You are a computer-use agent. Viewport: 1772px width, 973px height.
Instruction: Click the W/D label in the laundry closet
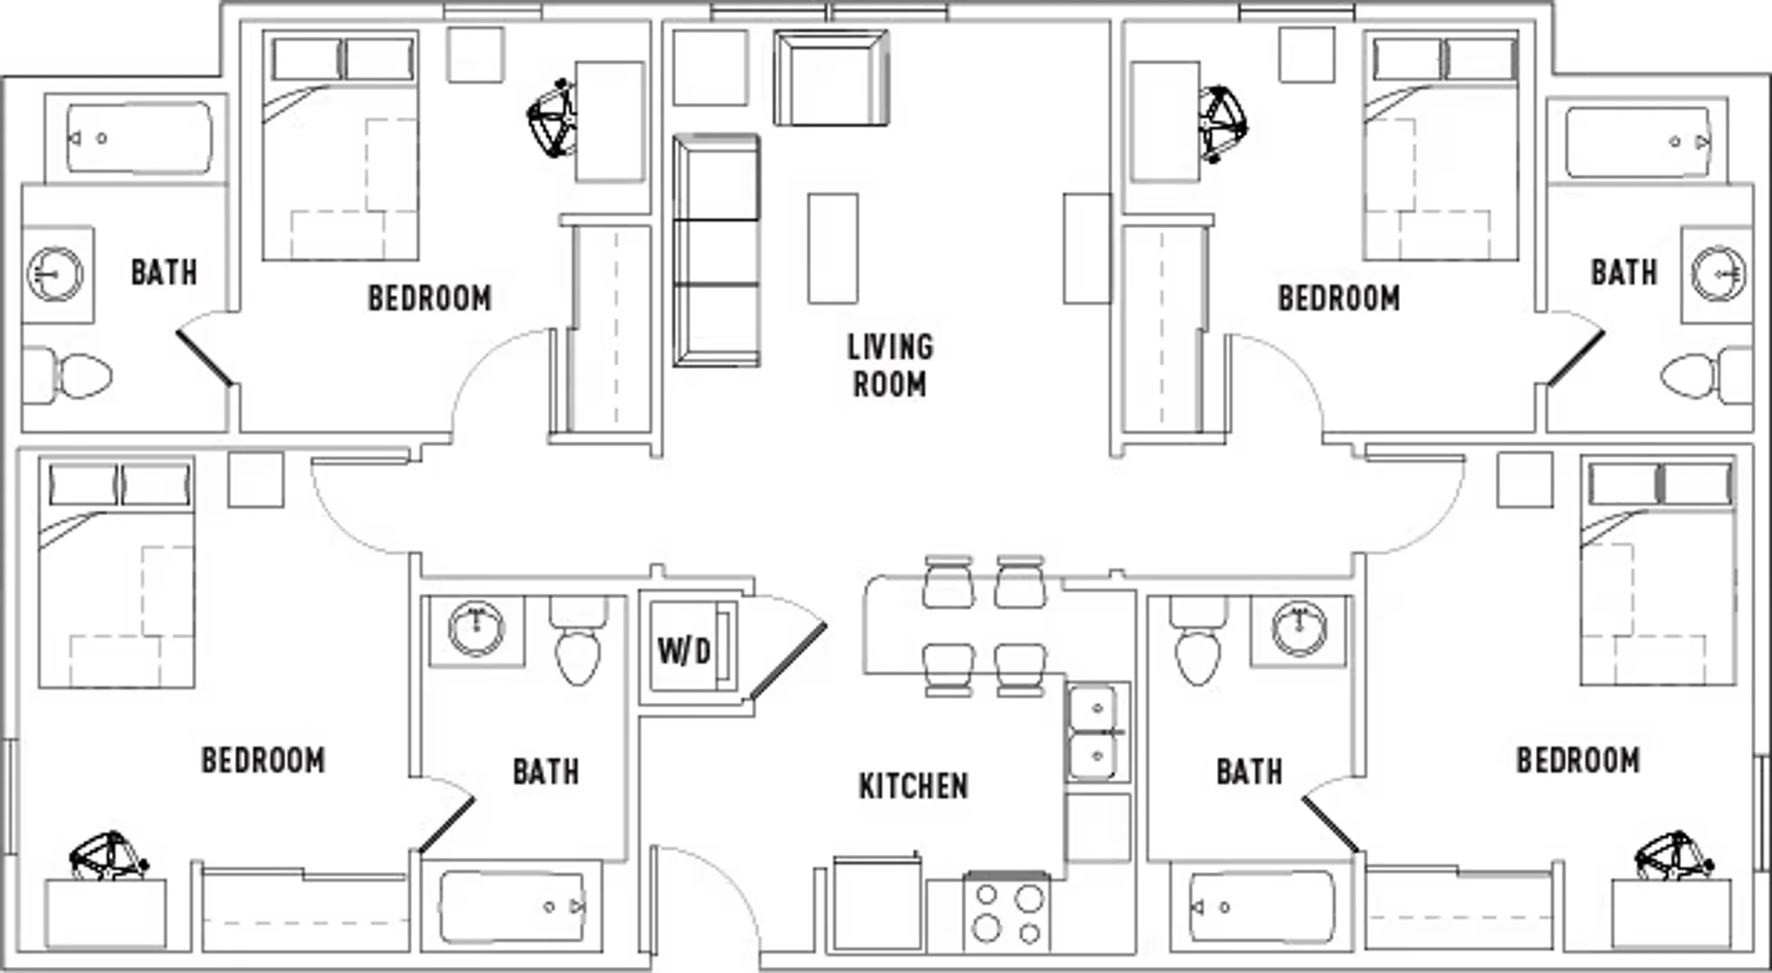pyautogui.click(x=684, y=650)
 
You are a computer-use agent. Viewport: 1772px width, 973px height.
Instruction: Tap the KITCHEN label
pyautogui.click(x=913, y=786)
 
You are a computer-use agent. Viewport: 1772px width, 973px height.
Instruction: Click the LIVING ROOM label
pyautogui.click(x=890, y=365)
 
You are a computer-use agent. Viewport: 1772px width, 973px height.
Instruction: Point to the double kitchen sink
pyautogui.click(x=1097, y=732)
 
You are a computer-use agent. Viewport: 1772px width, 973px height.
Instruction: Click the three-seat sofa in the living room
pyautogui.click(x=717, y=250)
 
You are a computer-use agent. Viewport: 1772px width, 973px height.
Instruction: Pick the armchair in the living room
pyautogui.click(x=831, y=78)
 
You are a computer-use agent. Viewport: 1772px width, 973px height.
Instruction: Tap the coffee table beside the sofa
pyautogui.click(x=832, y=248)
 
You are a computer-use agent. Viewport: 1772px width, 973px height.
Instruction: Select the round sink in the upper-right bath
pyautogui.click(x=1718, y=273)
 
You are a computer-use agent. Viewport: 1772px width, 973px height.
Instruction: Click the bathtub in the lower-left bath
pyautogui.click(x=513, y=906)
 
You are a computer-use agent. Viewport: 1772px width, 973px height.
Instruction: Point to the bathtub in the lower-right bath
pyautogui.click(x=1263, y=906)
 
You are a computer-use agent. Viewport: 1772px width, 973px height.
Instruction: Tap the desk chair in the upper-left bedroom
pyautogui.click(x=552, y=119)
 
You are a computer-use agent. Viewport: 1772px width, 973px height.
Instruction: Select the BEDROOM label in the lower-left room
pyautogui.click(x=262, y=760)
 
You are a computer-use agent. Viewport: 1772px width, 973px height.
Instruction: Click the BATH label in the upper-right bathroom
pyautogui.click(x=1623, y=272)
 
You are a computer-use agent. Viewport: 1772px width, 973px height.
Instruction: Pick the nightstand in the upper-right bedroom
pyautogui.click(x=1307, y=54)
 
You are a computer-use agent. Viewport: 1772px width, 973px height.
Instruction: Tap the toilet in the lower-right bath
pyautogui.click(x=1199, y=643)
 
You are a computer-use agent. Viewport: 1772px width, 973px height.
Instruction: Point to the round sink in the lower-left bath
pyautogui.click(x=476, y=627)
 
